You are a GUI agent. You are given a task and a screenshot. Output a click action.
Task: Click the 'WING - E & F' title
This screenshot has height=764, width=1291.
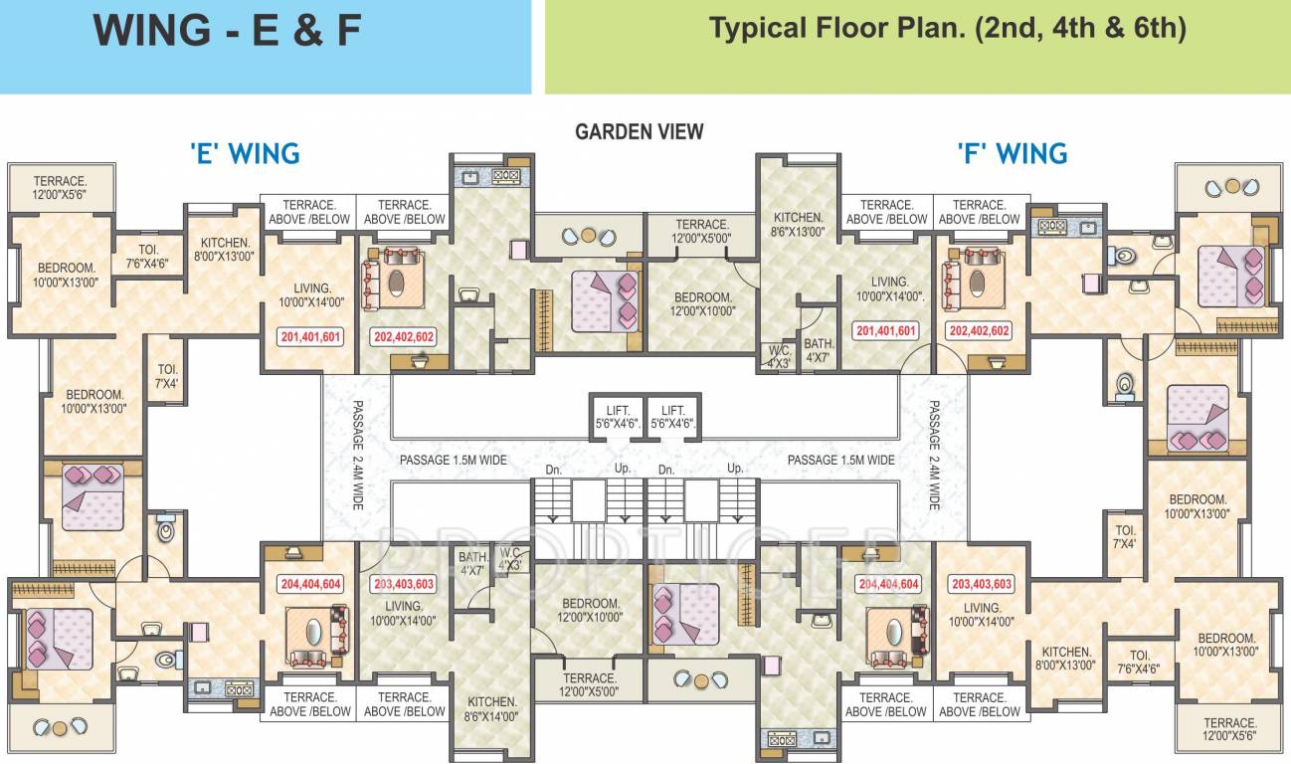click(227, 30)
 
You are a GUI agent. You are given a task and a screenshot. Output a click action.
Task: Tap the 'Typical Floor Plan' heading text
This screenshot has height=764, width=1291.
click(947, 28)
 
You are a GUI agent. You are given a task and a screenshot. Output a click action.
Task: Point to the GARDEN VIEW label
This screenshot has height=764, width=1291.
click(640, 131)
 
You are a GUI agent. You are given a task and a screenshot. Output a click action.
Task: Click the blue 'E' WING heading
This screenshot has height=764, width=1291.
click(245, 154)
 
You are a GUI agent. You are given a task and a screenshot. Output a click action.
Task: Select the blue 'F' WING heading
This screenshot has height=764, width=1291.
click(1012, 154)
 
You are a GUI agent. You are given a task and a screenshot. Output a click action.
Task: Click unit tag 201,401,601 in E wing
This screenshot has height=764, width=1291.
click(310, 337)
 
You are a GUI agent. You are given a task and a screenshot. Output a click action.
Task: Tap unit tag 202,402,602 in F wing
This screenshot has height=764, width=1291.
click(979, 331)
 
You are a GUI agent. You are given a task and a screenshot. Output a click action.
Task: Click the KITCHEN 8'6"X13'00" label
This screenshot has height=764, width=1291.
click(799, 225)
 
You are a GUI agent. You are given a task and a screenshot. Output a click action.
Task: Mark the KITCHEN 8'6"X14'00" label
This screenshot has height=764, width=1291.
click(492, 708)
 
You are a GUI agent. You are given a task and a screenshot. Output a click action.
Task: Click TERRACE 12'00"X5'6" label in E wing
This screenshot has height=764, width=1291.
click(60, 188)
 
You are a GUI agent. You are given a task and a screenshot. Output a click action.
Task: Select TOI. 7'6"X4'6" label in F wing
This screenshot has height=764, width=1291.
click(1140, 662)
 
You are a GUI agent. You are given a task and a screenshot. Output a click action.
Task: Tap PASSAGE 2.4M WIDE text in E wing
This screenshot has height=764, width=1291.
click(357, 456)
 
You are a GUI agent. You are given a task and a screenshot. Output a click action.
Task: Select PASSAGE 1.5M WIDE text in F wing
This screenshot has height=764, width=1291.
click(840, 460)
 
